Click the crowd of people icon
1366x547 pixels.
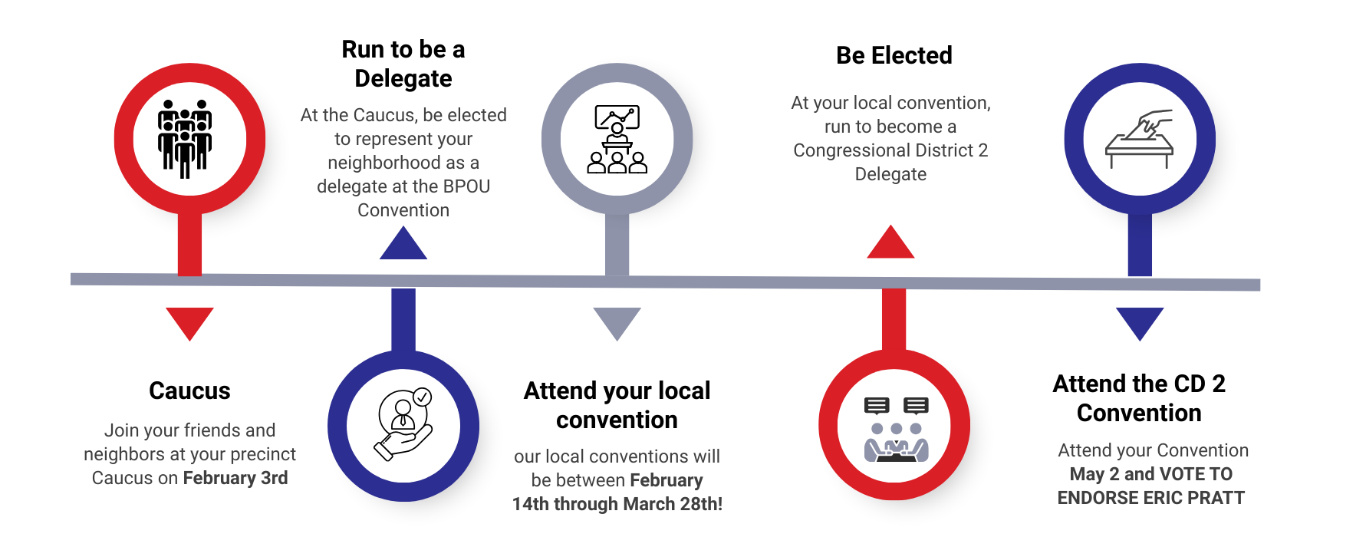click(x=185, y=138)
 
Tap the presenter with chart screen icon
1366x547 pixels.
click(x=617, y=140)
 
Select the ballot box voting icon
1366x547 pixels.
click(x=1139, y=140)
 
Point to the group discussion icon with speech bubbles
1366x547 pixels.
click(x=896, y=429)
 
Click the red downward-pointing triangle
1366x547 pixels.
click(x=189, y=321)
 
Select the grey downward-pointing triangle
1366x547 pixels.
click(x=617, y=321)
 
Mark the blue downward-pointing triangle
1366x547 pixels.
click(x=1140, y=321)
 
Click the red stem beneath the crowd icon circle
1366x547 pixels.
click(x=189, y=244)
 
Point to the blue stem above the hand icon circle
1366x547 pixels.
click(x=403, y=319)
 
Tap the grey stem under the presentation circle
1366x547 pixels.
click(x=617, y=244)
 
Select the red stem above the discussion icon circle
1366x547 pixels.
click(x=894, y=319)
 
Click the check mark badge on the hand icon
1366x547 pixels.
click(x=423, y=397)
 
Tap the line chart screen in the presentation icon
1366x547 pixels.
click(x=617, y=117)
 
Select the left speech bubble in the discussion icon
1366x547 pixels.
click(x=876, y=405)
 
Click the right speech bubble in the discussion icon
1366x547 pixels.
click(x=916, y=405)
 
